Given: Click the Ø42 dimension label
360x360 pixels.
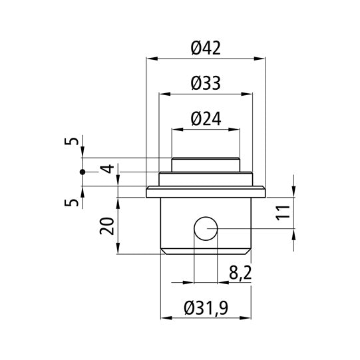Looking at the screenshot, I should click(x=205, y=48).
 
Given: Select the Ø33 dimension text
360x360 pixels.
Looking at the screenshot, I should click(x=205, y=83).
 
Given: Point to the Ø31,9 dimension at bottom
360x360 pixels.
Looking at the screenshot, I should click(x=205, y=308).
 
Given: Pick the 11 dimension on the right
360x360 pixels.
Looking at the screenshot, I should click(x=283, y=212).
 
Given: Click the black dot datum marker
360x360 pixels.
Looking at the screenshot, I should click(x=83, y=172).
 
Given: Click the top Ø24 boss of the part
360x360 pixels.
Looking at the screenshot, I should click(x=205, y=164).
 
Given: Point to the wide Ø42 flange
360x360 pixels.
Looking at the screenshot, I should click(x=205, y=193).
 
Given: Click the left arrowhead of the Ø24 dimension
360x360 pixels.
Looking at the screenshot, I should click(x=176, y=130).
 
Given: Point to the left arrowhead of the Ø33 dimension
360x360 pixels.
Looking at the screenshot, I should click(x=162, y=95).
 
